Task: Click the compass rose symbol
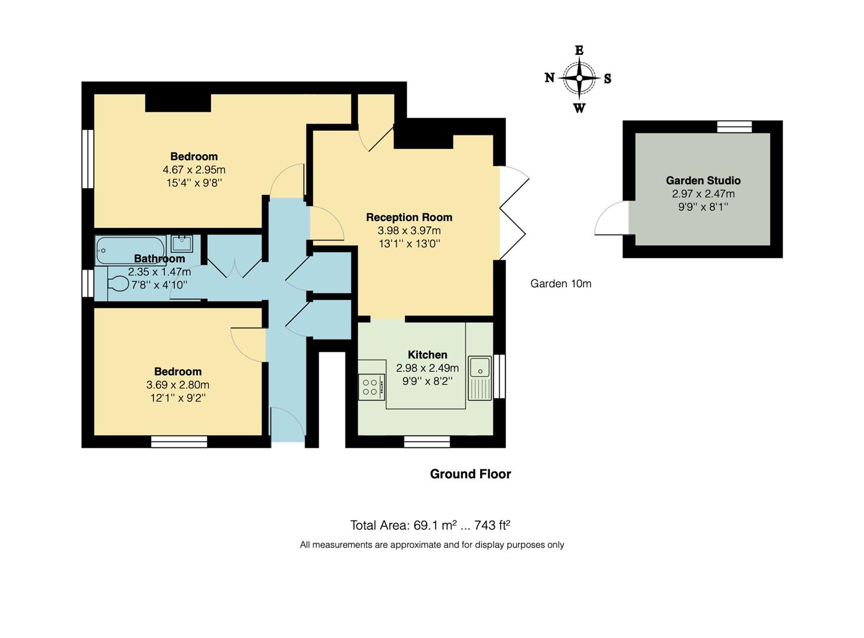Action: click(579, 78)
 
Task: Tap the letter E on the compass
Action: click(579, 51)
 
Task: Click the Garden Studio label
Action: click(703, 181)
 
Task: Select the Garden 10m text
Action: click(560, 284)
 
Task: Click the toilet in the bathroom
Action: click(118, 285)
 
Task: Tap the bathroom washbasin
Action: click(181, 243)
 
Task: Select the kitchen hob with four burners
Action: click(371, 387)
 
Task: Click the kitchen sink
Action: click(480, 367)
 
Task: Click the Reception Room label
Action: click(409, 217)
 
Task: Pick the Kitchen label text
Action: click(427, 355)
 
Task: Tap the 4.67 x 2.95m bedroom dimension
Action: click(194, 170)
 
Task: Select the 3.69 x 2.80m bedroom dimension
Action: click(178, 385)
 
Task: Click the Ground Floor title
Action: click(470, 474)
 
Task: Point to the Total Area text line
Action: click(430, 525)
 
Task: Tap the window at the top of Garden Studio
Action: click(735, 126)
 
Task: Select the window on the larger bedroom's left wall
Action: click(87, 158)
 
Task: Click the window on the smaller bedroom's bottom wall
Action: click(179, 441)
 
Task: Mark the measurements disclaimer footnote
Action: click(432, 545)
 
